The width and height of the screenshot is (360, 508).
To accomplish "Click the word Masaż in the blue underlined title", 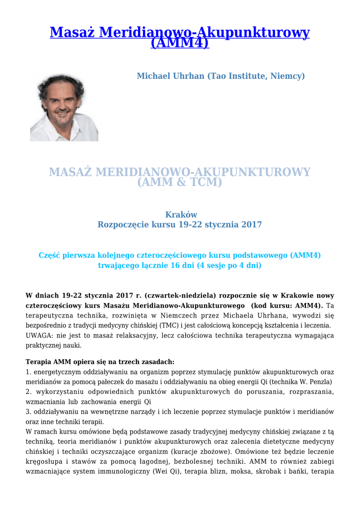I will point(72,33).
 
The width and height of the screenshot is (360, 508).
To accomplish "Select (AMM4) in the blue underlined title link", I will point(180,43).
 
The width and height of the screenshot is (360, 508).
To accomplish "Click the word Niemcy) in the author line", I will point(288,76).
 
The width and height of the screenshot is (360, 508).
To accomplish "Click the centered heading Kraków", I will point(180,214).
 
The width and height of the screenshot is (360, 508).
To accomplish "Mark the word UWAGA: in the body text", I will point(39,335).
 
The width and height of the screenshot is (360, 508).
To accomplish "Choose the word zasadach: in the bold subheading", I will point(157,362).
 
